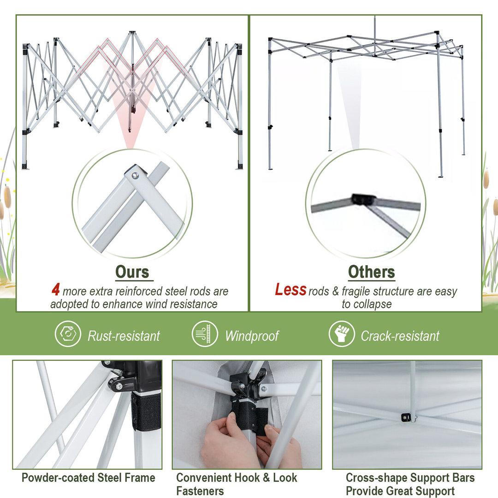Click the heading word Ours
pos(132,272)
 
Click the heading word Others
pos(371,272)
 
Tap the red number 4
pos(56,290)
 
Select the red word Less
pos(290,290)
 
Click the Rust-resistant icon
pos(68,334)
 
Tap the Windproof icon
pos(205,334)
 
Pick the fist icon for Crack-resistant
pos(342,334)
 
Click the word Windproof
pos(252,336)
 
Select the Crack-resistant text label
pos(400,336)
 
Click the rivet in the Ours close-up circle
pos(135,175)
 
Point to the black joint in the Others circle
pos(364,199)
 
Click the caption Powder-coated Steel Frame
pos(88,478)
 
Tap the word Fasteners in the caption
pos(200,491)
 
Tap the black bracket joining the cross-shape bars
pos(406,417)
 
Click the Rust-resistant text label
pos(124,336)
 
